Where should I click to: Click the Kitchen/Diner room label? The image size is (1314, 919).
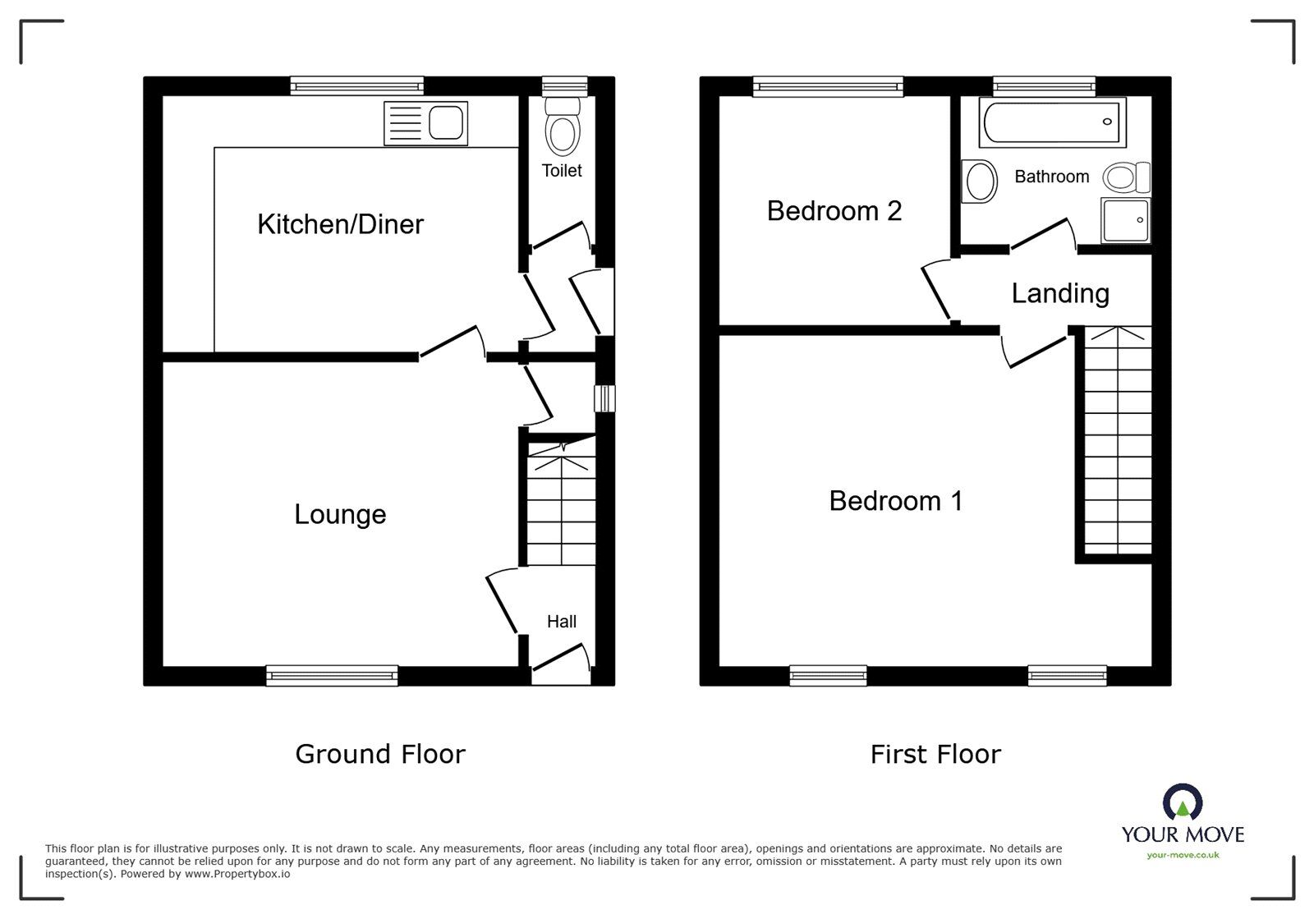(340, 224)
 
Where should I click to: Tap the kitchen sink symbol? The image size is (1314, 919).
(425, 124)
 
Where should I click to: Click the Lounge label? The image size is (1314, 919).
(340, 515)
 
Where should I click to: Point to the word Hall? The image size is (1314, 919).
(562, 622)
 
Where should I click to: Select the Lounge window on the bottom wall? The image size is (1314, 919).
(332, 676)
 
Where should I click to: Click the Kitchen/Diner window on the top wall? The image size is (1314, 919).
(356, 85)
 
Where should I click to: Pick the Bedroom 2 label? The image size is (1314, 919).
(834, 211)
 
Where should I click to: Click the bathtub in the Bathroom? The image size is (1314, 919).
(1051, 123)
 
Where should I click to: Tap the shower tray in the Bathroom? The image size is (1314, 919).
(1125, 220)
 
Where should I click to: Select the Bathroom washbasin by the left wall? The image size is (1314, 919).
(979, 181)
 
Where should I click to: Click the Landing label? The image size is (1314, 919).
(1060, 293)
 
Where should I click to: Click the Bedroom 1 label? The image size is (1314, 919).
(895, 501)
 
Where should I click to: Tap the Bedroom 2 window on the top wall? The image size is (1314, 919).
(828, 85)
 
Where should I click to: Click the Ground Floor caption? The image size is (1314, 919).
(380, 754)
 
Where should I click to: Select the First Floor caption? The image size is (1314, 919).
(935, 754)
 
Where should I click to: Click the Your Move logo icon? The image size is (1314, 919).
(1183, 802)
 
